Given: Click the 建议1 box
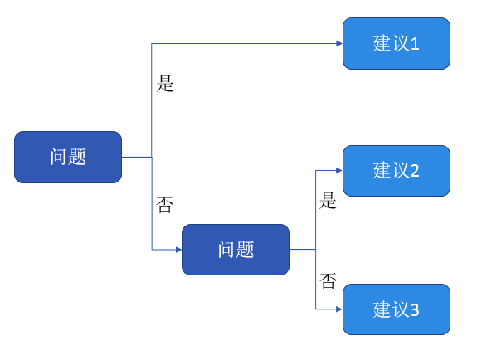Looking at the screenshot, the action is click(x=397, y=43).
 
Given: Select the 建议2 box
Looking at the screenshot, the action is click(x=397, y=171).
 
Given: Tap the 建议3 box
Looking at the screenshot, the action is click(x=397, y=309).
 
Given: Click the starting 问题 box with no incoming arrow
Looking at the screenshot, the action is click(x=68, y=157).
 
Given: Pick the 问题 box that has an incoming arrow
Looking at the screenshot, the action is click(x=236, y=250).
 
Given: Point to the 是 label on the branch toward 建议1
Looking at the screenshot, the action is click(x=165, y=84).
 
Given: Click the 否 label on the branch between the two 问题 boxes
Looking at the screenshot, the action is click(x=165, y=205).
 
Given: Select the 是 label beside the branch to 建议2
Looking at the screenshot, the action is click(x=328, y=201).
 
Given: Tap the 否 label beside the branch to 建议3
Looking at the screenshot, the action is click(x=328, y=281).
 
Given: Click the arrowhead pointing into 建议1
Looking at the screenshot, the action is click(x=339, y=43).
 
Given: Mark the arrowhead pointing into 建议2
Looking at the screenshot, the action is click(x=339, y=170).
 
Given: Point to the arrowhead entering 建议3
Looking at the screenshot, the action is click(x=339, y=309).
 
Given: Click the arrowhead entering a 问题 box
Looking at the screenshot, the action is click(x=178, y=250).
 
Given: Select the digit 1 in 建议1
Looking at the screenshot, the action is click(x=415, y=44).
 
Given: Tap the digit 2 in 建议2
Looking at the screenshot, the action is click(x=415, y=171).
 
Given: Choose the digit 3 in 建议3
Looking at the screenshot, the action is click(x=415, y=309).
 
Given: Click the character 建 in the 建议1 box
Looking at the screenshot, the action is click(x=382, y=43).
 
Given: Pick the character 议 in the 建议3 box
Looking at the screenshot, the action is click(x=401, y=309).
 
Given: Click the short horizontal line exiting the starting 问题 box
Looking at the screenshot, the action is click(x=137, y=157).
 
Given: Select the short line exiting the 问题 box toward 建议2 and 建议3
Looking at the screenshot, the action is click(x=303, y=250).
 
